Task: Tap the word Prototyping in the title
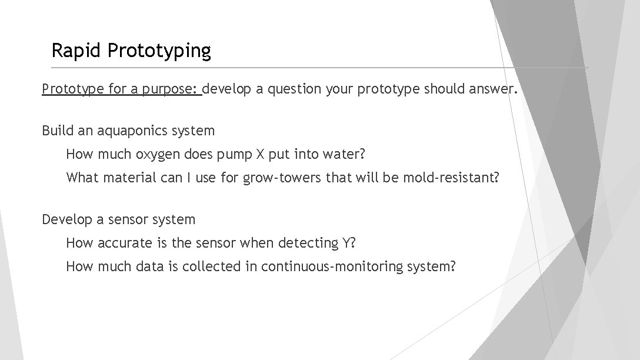(x=159, y=52)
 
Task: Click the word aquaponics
(x=124, y=131)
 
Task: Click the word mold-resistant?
(x=451, y=178)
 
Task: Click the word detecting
(x=308, y=243)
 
